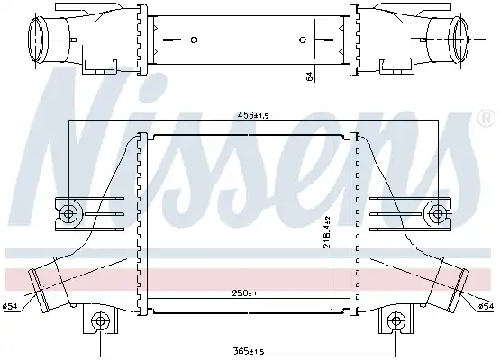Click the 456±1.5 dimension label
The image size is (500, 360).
[253, 115]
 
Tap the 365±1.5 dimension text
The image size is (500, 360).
[249, 351]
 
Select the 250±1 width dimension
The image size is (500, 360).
[244, 293]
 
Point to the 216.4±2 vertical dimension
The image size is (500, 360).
[326, 232]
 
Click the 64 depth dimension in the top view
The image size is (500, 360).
[309, 76]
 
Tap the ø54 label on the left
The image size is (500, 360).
[10, 307]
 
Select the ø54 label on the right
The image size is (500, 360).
[486, 307]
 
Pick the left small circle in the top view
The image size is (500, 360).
[194, 40]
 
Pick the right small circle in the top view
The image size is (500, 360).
[303, 40]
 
